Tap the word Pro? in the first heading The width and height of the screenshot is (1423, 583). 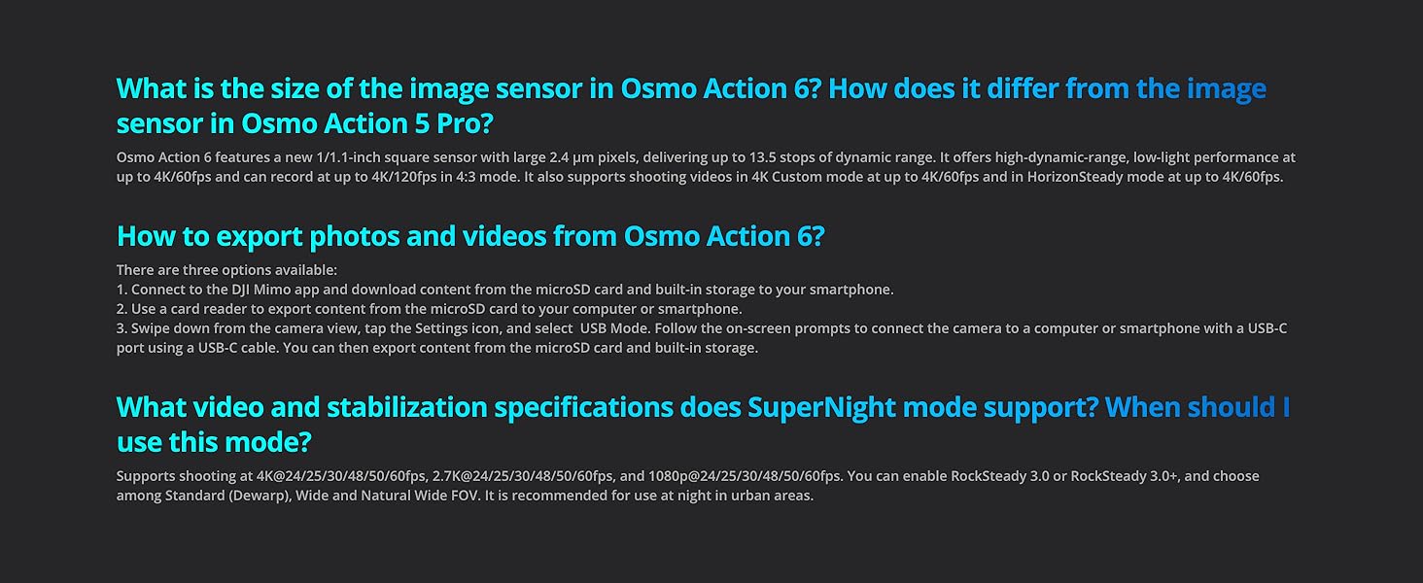[467, 124]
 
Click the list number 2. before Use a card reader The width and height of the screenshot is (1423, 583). [122, 309]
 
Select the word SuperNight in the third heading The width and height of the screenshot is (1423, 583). [823, 407]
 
